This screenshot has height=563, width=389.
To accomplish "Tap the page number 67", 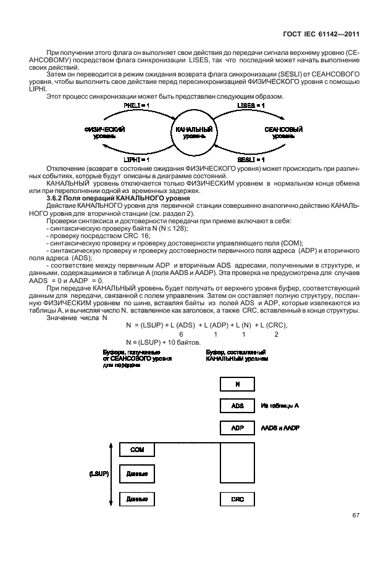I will [x=356, y=516].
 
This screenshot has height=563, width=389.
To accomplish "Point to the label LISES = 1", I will [x=251, y=106].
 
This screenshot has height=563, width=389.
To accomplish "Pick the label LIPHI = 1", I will [x=135, y=159].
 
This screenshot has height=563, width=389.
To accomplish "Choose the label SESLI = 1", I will [x=253, y=159].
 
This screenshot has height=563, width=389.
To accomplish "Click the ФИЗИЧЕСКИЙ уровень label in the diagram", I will [x=105, y=133].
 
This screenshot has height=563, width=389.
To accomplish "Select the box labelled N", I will [x=237, y=384].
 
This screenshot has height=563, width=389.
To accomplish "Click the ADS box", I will [x=237, y=406].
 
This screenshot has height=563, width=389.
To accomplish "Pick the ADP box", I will [x=237, y=428].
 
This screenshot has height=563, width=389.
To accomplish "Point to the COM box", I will [x=137, y=450].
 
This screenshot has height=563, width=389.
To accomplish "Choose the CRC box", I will [x=237, y=499].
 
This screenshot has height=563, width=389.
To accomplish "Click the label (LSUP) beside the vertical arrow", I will [x=98, y=474].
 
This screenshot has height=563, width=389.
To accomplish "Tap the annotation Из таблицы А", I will [x=280, y=406].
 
